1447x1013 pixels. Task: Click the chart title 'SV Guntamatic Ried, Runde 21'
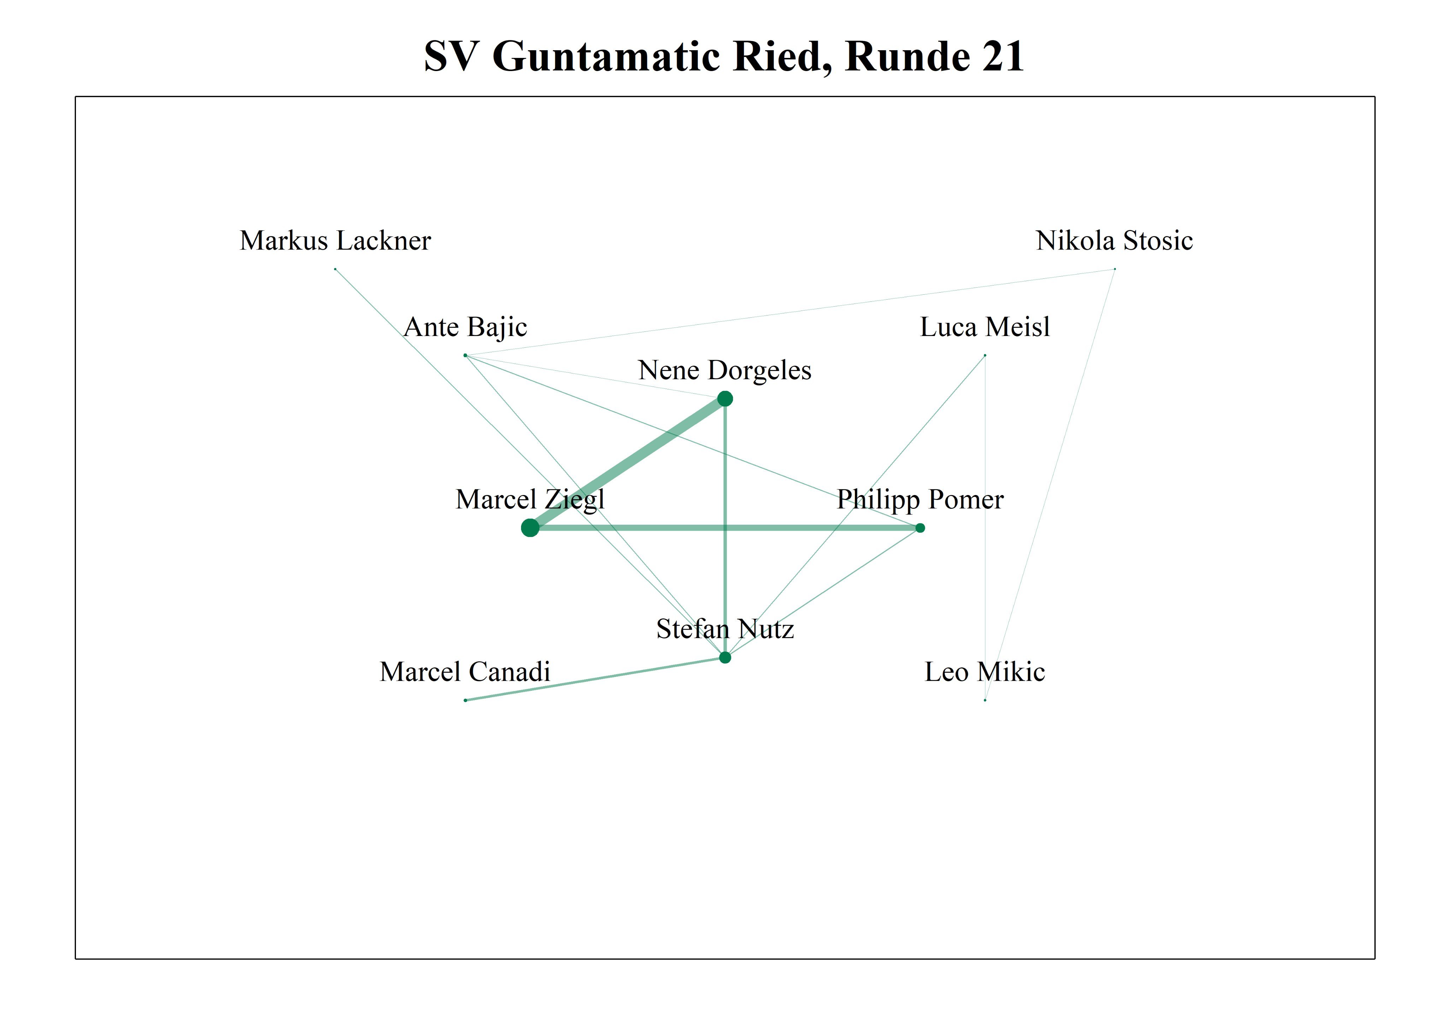(x=723, y=57)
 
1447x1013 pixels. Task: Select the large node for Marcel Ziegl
(x=530, y=528)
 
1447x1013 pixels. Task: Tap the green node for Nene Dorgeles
(x=725, y=399)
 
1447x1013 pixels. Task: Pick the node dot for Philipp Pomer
(x=920, y=528)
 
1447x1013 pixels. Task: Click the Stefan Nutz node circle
(x=725, y=658)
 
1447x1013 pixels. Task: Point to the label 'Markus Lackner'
(x=335, y=240)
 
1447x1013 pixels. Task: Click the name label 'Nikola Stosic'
(x=1114, y=240)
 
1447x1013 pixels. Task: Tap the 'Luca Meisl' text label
(x=985, y=326)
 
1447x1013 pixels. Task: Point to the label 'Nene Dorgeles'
(x=725, y=370)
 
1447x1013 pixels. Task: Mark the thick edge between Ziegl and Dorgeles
(x=628, y=463)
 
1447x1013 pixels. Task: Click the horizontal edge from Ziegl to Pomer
(x=725, y=528)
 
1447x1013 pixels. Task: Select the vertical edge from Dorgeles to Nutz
(x=725, y=528)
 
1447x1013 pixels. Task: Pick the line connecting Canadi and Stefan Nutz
(x=595, y=679)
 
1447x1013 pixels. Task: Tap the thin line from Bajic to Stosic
(x=790, y=312)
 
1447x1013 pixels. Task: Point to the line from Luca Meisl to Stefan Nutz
(x=855, y=506)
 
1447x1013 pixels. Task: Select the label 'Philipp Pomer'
(x=920, y=499)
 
